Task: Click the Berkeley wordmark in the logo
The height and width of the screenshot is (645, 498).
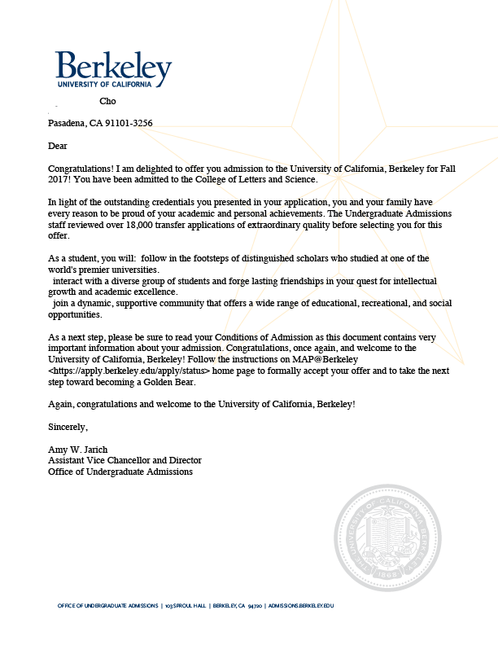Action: (x=113, y=66)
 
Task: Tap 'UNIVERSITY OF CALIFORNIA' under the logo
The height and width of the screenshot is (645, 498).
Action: (x=104, y=84)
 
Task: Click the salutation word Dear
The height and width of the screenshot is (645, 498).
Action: (x=57, y=146)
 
